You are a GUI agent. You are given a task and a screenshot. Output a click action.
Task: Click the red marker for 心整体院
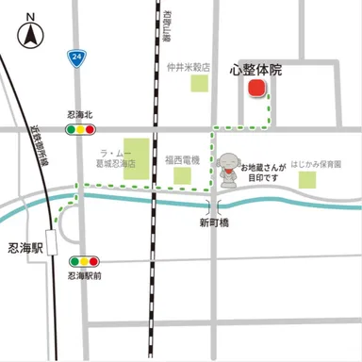click(x=255, y=89)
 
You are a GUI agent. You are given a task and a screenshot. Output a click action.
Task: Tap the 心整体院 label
click(x=255, y=70)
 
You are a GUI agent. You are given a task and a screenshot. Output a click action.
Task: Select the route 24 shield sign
click(x=74, y=58)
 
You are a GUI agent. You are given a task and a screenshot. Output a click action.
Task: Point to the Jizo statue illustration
click(x=227, y=169)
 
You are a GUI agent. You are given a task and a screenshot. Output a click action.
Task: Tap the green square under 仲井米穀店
click(x=199, y=84)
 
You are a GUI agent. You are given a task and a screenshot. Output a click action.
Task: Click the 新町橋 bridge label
click(x=216, y=223)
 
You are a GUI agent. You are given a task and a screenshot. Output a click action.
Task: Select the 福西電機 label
click(x=181, y=160)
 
